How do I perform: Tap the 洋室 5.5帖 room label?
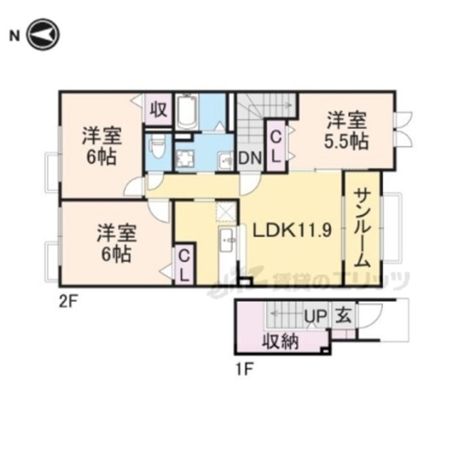point(347,131)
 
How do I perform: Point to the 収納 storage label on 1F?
point(281,340)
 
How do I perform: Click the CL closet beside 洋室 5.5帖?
point(276,147)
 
